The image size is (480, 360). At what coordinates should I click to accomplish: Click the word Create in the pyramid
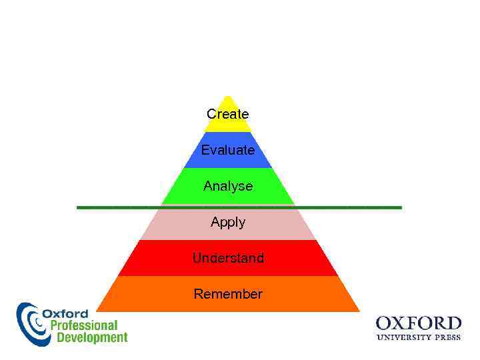point(227,114)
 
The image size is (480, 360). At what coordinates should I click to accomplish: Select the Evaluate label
point(227,150)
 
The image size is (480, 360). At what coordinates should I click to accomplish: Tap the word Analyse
point(227,186)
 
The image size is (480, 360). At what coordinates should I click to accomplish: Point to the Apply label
point(227,222)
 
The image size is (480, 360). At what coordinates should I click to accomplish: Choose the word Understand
point(227,258)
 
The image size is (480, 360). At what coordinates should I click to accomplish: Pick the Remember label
point(227,294)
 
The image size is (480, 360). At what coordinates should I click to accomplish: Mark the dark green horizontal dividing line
point(100,208)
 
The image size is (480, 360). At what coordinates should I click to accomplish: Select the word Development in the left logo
point(91,337)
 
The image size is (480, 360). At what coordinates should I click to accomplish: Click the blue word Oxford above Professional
point(65,313)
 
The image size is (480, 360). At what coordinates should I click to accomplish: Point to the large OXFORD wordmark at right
point(418,324)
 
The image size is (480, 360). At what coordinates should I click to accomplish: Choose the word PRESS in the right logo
point(447,337)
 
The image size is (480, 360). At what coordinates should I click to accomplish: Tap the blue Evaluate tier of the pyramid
point(193,159)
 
